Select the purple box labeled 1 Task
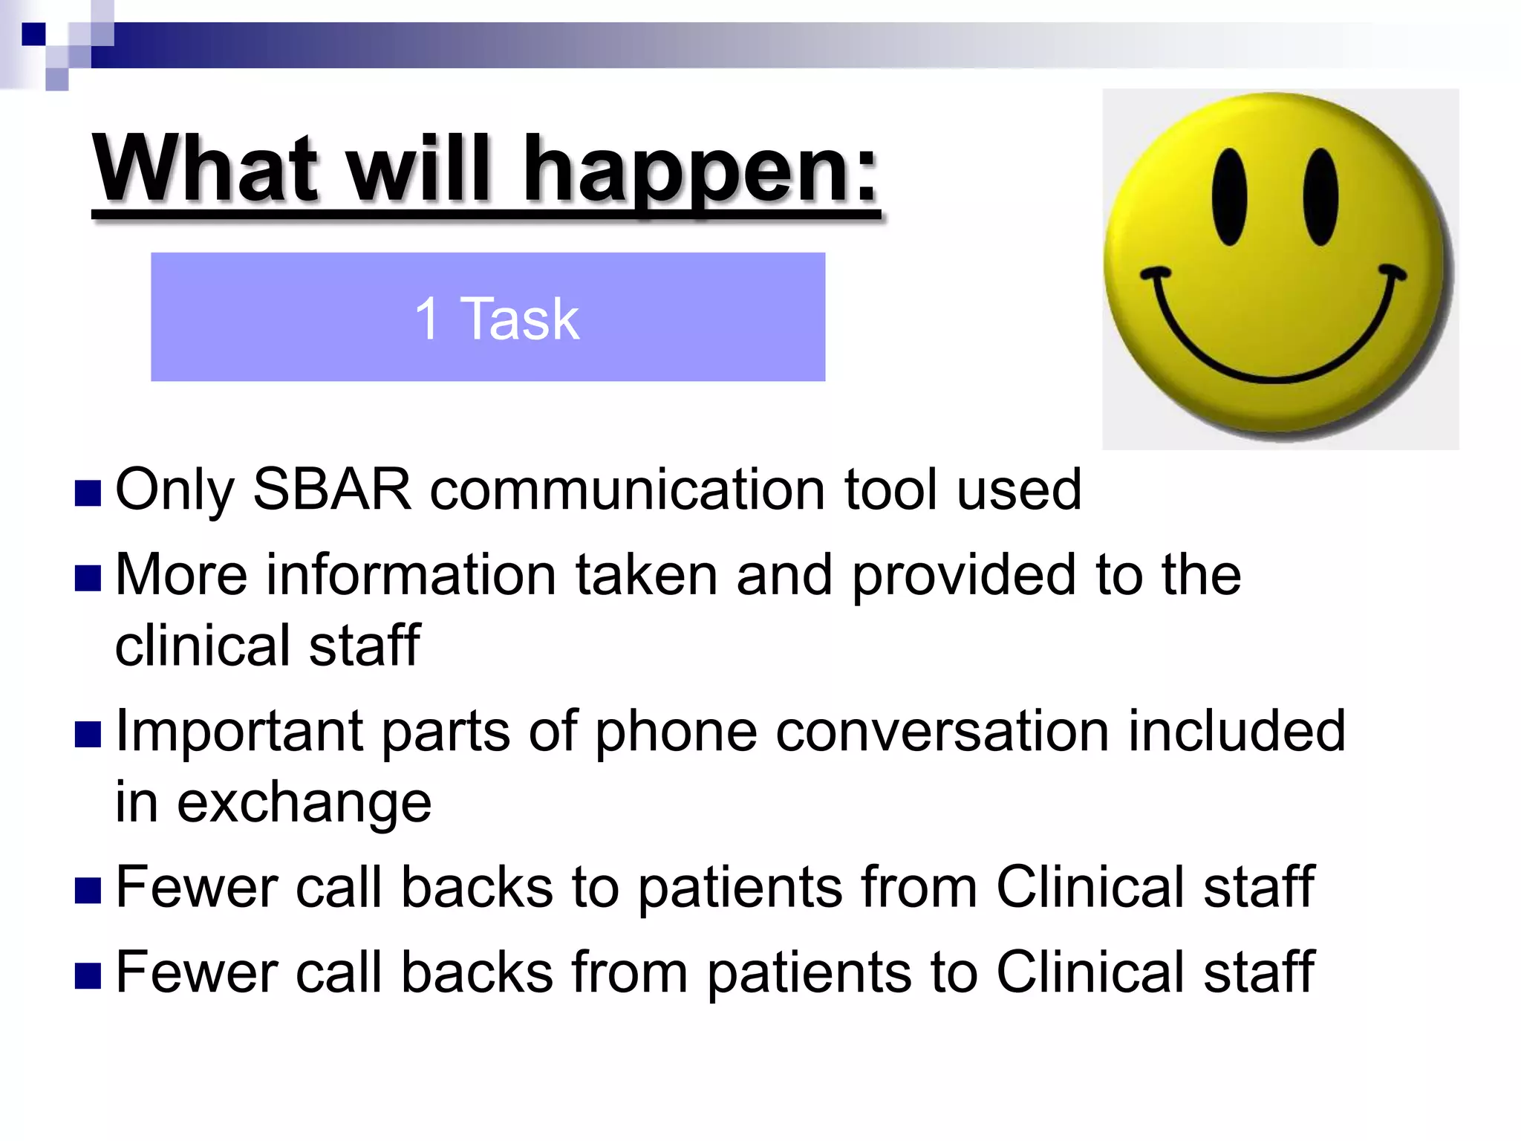coord(488,317)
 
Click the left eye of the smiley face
coord(1230,197)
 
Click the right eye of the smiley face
coord(1320,197)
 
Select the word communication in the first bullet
coord(628,490)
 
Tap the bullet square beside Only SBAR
coord(88,493)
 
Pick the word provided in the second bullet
coord(963,575)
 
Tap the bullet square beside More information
coord(88,579)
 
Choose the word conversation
coord(942,732)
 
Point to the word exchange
coord(304,803)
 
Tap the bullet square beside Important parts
coord(88,735)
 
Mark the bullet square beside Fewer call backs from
coord(88,975)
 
